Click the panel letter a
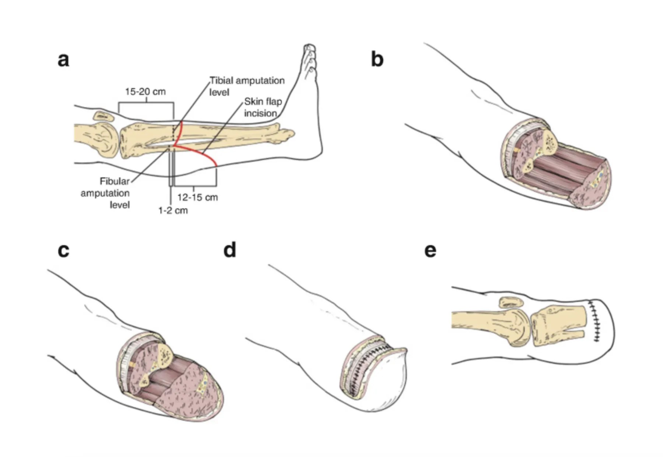tap(63, 60)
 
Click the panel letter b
tap(377, 60)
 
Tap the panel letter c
tap(63, 250)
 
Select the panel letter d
tap(230, 250)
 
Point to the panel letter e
tap(430, 250)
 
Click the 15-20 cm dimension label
tap(145, 92)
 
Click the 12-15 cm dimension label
tap(197, 198)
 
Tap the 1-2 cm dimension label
tap(173, 210)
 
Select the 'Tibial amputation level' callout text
tap(246, 86)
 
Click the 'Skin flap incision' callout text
tap(263, 107)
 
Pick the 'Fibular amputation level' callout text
tap(106, 193)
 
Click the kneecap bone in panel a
tap(105, 116)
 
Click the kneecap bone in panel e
tap(511, 302)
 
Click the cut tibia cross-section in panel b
tap(549, 142)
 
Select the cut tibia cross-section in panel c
tap(165, 355)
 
